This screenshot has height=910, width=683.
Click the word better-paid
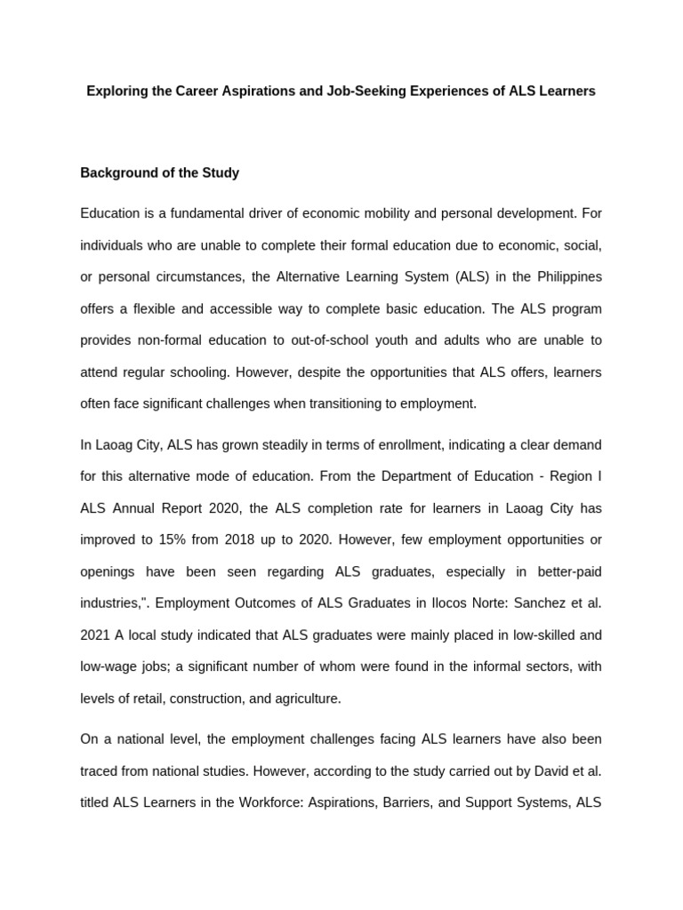pos(563,571)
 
